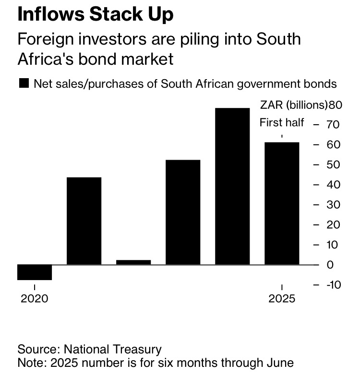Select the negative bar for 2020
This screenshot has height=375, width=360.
35,272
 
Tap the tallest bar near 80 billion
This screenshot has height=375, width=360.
232,186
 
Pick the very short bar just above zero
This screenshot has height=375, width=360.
133,262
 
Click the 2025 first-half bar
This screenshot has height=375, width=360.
282,203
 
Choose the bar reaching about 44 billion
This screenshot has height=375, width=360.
84,221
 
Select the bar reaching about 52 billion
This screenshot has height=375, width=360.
183,212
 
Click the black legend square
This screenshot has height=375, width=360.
24,83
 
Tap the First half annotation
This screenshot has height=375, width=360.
282,123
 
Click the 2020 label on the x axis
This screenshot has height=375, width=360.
35,298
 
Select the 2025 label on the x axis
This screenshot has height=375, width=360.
282,298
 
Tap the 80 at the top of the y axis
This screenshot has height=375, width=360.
335,105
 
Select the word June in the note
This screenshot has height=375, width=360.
280,362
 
